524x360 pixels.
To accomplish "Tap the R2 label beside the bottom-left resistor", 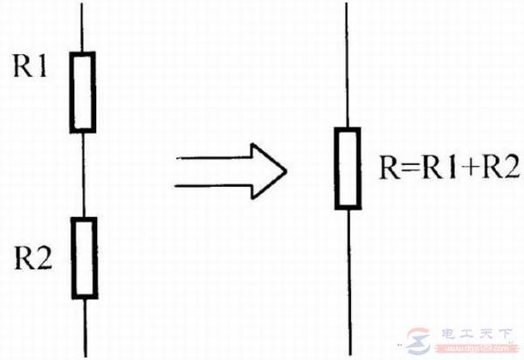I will [31, 260].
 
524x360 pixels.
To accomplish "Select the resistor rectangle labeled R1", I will [82, 92].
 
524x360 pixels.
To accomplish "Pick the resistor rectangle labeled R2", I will [83, 258].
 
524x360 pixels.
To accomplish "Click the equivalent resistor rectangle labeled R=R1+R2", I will [347, 169].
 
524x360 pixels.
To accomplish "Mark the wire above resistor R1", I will [82, 26].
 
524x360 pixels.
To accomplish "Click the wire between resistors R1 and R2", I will [83, 175].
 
